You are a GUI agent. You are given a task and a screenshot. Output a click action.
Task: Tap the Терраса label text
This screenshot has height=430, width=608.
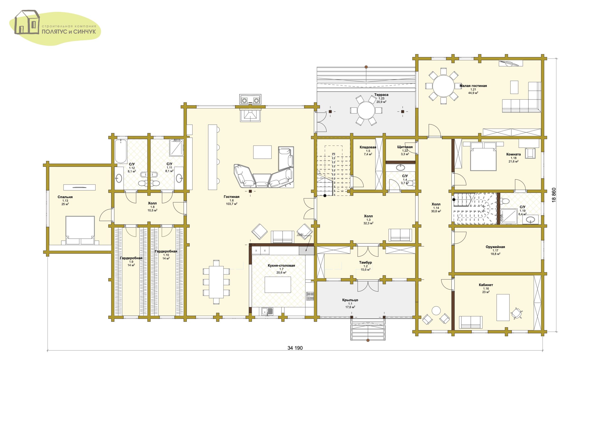(381, 95)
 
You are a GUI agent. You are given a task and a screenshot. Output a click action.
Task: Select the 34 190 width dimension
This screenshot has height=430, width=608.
(295, 348)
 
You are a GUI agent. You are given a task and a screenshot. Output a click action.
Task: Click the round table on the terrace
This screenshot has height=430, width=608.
(366, 110)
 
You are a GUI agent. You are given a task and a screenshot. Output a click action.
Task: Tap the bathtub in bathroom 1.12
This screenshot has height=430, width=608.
(121, 151)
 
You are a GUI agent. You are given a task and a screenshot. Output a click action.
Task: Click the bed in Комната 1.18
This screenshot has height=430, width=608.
(483, 156)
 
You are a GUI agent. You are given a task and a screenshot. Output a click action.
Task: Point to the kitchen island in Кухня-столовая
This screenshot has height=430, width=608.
(278, 285)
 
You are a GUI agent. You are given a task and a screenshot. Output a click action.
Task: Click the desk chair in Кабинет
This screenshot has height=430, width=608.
(516, 314)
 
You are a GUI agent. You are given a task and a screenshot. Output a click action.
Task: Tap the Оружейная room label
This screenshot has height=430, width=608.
(495, 247)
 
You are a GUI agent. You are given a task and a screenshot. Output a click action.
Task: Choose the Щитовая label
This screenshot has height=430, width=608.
(405, 147)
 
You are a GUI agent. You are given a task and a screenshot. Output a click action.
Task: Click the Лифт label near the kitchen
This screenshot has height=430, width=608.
(300, 234)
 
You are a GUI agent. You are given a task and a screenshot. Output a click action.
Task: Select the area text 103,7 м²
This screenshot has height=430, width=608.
(231, 204)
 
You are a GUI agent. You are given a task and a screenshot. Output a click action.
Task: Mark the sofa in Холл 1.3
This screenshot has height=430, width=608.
(400, 235)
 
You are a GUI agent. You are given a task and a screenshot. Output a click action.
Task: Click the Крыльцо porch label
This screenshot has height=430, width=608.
(350, 300)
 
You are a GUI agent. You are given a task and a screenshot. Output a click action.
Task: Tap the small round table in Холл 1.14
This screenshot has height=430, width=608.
(436, 311)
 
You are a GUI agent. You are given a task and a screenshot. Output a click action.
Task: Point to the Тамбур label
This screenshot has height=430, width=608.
(366, 262)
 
